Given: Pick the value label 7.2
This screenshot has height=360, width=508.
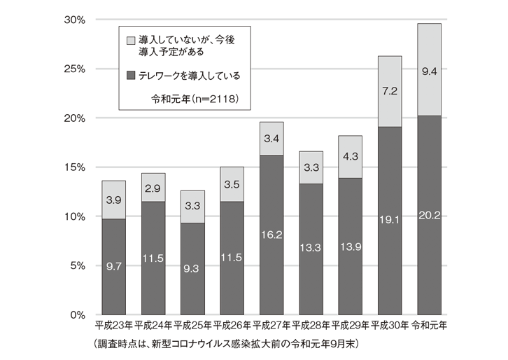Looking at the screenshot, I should pos(390,92).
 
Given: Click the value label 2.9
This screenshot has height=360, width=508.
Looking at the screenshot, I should pos(153,188).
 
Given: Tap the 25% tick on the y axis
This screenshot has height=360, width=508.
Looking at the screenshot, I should pos(73,69).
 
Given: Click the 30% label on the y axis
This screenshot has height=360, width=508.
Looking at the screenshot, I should pos(73,20).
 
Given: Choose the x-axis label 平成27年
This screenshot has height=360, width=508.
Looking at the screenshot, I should pos(271,326).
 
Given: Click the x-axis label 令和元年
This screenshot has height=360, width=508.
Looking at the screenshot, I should pos(429,326).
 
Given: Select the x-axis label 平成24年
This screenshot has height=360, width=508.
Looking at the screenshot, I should pos(153,326).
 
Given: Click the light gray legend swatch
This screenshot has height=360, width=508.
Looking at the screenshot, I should pos(131,41).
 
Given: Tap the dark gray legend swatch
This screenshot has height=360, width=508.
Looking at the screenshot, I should pos(131,75).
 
